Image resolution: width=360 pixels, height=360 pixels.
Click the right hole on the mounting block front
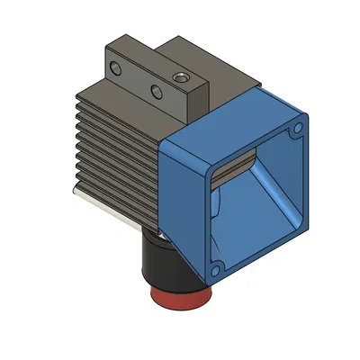156,91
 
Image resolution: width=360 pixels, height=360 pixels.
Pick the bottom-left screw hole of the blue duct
216,267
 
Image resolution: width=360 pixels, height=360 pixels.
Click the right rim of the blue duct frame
301,180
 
